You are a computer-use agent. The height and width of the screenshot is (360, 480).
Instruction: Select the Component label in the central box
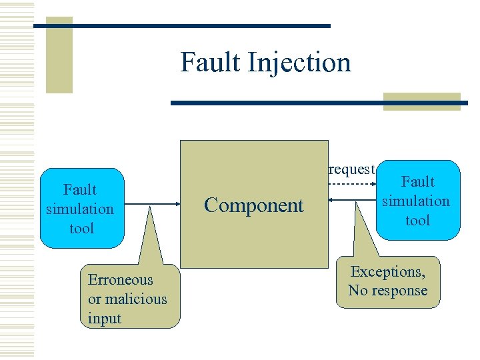point(253,205)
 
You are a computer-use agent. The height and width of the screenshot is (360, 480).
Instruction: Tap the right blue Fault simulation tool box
point(418,200)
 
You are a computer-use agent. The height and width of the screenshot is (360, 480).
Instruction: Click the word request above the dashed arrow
point(352,169)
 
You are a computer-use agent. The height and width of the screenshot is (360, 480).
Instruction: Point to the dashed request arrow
point(352,183)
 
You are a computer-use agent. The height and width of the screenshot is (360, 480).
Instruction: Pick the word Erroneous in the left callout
point(120,280)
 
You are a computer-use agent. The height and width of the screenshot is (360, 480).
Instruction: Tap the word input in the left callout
point(105,319)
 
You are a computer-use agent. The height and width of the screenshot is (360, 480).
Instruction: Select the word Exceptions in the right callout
point(388,272)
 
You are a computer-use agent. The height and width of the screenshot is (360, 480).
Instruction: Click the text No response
point(388,291)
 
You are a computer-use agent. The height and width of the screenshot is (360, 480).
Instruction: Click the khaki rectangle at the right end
point(421,101)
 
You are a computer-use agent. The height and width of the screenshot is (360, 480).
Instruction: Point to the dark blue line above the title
point(181,25)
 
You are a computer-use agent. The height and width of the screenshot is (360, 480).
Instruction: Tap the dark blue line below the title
point(319,103)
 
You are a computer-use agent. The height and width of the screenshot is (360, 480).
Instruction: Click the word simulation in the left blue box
point(80,209)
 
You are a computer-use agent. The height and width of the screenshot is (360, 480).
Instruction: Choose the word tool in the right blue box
point(418,220)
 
